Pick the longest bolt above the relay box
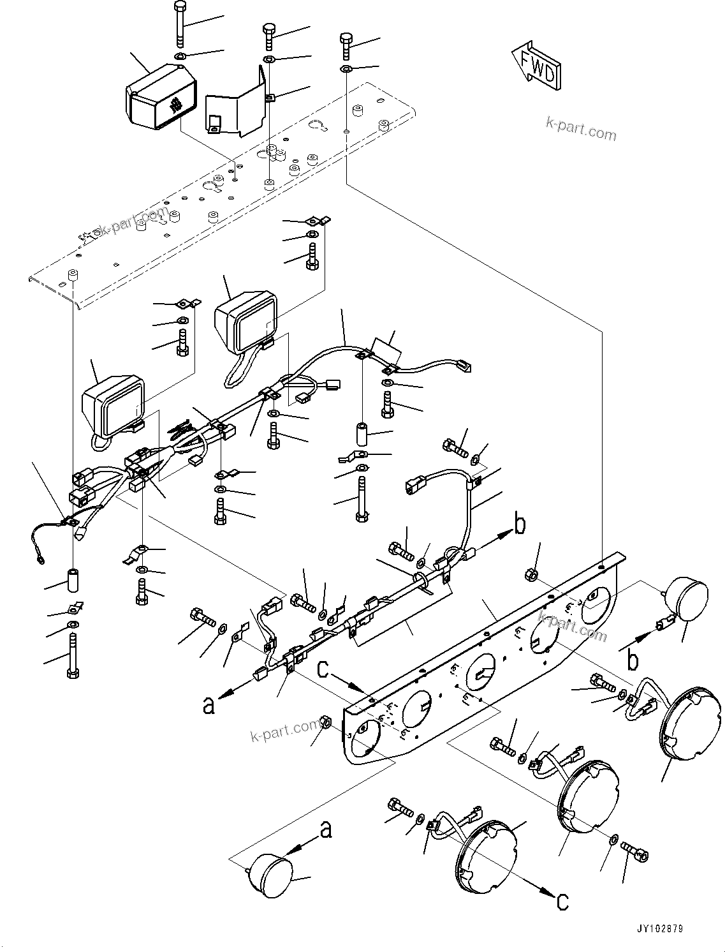(x=178, y=24)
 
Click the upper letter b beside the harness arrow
(x=520, y=524)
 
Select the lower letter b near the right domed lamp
(x=633, y=660)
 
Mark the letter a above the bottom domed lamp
(x=325, y=829)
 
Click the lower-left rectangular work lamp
(x=115, y=405)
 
